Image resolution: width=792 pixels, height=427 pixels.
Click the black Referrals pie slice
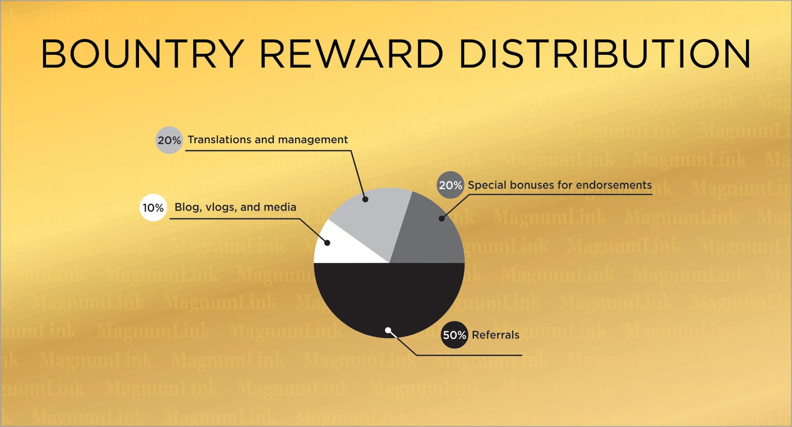point(389,300)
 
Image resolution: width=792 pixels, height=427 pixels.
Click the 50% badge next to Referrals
point(454,335)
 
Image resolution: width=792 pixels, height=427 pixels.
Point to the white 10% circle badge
point(153,208)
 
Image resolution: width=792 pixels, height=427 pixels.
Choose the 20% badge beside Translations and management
point(169,140)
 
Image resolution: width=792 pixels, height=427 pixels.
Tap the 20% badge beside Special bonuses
point(450,185)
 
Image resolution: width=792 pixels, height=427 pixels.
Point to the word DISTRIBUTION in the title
point(605,54)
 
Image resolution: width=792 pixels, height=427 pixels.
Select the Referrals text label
point(495,335)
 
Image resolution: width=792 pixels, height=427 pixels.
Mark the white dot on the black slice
point(388,330)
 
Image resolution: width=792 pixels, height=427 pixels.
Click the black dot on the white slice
point(327,243)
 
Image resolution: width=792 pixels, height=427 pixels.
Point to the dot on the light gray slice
point(366,199)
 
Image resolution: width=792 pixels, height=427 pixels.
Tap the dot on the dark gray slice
point(442,218)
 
